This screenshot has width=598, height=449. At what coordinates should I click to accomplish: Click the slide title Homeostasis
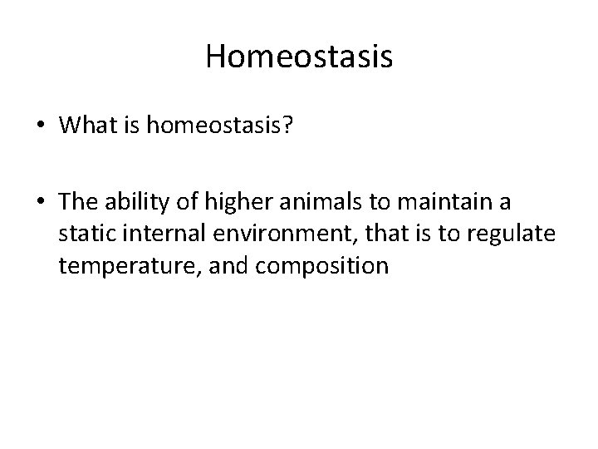[x=299, y=57]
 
